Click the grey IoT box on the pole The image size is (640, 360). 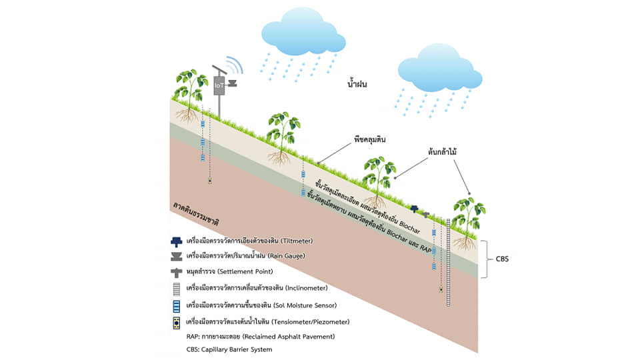219,85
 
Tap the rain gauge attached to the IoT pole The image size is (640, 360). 233,84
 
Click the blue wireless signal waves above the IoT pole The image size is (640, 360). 233,65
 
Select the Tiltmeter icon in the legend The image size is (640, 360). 177,241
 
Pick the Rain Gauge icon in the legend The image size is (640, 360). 177,255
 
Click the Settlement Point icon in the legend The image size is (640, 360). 177,273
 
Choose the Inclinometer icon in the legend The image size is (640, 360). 177,289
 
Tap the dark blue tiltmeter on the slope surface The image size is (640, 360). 415,209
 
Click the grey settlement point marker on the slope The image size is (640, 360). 427,215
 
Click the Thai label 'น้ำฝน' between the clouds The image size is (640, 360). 358,85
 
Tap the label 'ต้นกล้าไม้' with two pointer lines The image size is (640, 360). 444,152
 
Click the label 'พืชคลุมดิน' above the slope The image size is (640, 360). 372,141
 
